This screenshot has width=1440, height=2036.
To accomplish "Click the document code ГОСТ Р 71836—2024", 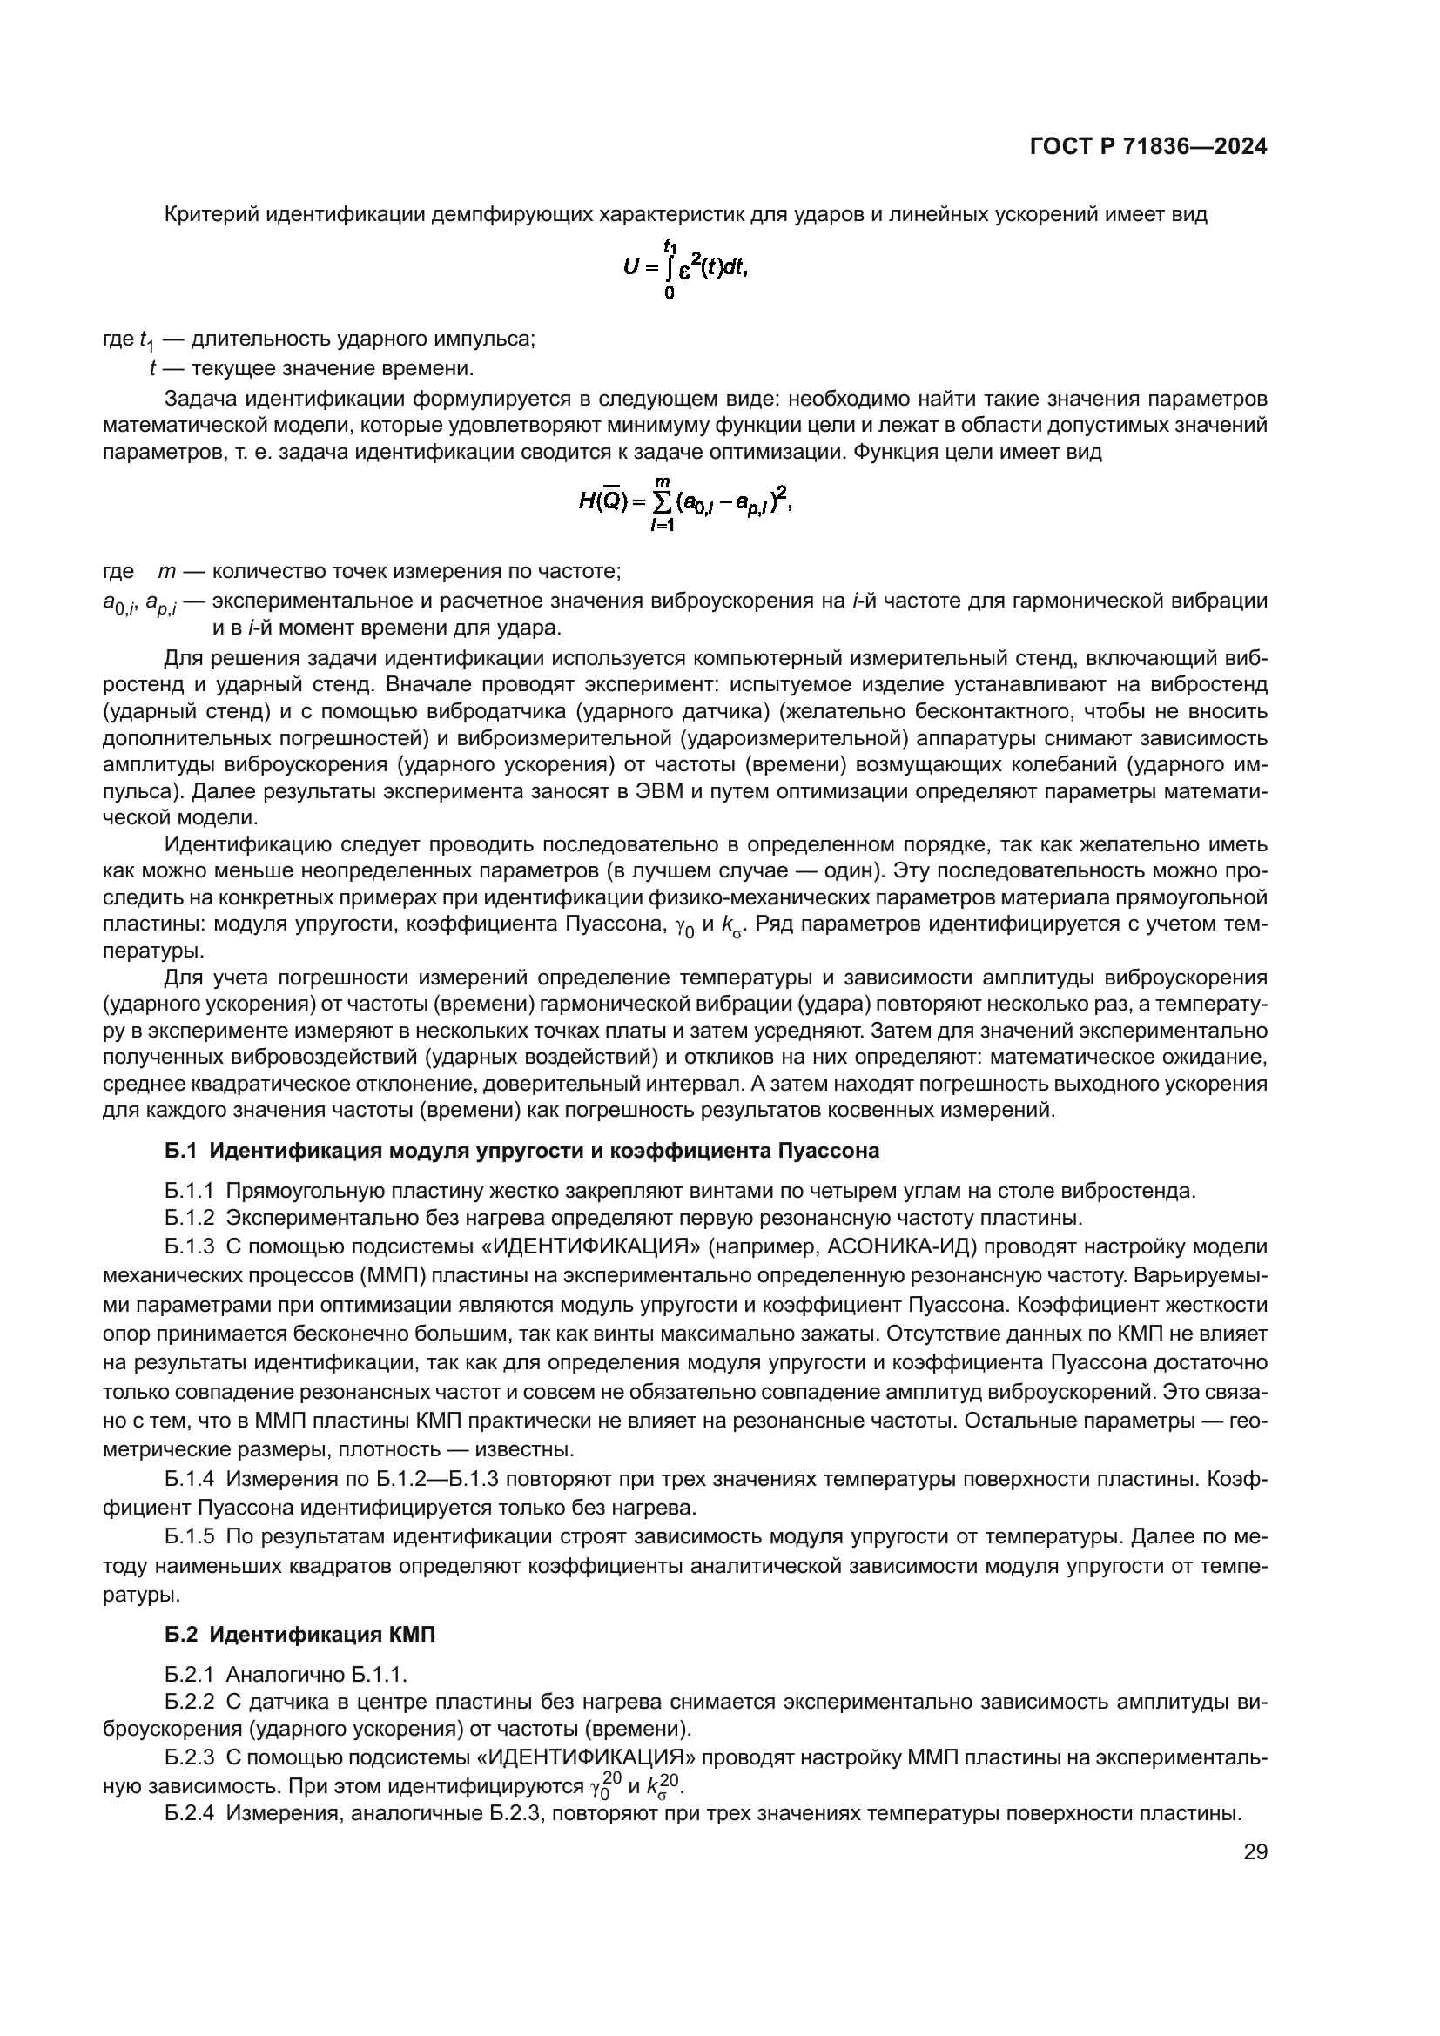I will (1148, 146).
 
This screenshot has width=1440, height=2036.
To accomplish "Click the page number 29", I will (1255, 1852).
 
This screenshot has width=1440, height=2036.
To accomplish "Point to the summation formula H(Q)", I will (683, 503).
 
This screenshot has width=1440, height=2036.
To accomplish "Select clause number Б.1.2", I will (189, 1218).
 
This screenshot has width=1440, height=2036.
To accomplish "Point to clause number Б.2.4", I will (189, 1813).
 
